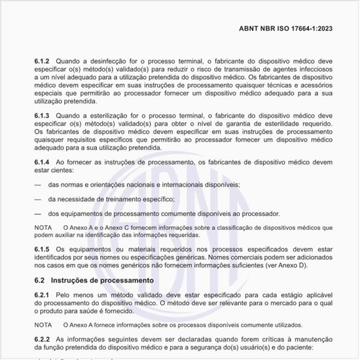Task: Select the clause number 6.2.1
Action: coord(44,297)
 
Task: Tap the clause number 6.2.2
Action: coord(44,340)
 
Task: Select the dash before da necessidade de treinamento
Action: coord(39,199)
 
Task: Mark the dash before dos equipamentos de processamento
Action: coord(39,213)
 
